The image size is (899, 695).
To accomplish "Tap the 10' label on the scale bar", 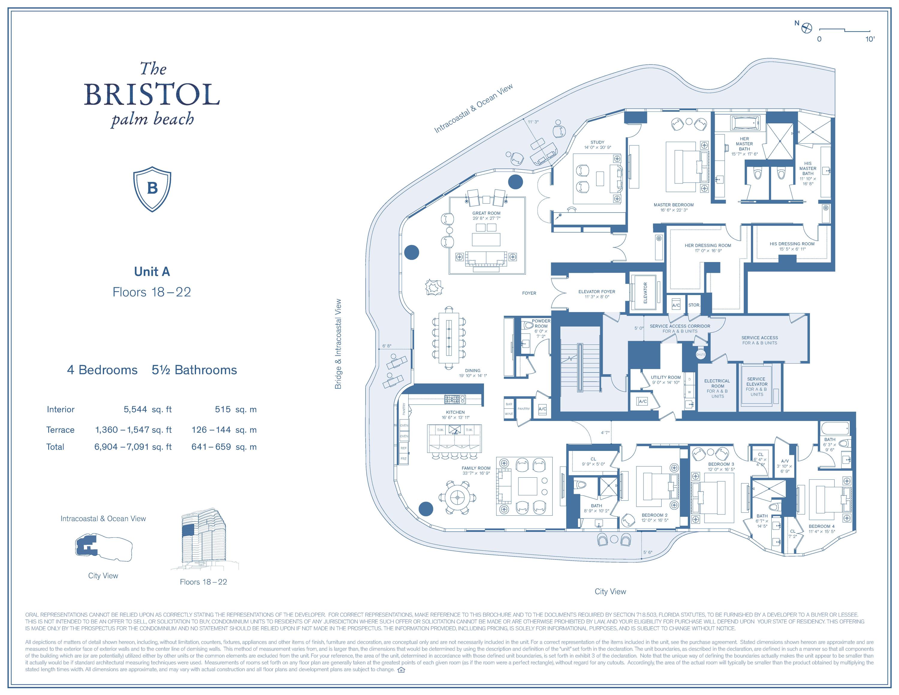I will tap(869, 39).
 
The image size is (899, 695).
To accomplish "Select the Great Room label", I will tap(486, 213).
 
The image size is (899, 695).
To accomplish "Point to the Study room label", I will tap(597, 142).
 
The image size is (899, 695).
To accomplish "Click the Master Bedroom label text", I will tap(673, 204).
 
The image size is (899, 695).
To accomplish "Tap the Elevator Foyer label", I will tap(596, 291).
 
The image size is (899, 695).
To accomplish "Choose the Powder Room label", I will tap(541, 324).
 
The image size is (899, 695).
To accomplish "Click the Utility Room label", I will tap(666, 377).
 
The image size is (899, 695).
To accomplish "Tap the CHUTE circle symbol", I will tap(701, 354).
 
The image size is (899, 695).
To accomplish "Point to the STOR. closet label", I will tap(694, 305).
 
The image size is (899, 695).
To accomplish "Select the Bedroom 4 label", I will tap(821, 526).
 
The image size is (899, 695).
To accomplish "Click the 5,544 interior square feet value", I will tap(135, 409).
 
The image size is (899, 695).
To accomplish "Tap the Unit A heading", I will tap(152, 272).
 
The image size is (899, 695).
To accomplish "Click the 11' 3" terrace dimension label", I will tap(533, 122).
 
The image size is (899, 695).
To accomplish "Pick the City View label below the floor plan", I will tap(610, 591).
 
